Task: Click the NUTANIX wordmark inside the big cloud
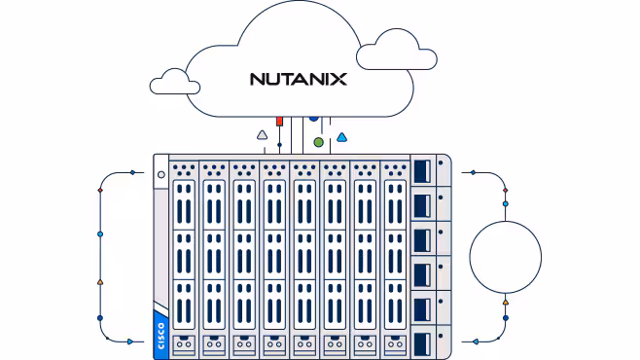point(299,79)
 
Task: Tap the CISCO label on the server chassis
point(160,336)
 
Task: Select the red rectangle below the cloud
point(279,122)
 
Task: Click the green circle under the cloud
point(319,142)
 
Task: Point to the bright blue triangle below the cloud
point(341,137)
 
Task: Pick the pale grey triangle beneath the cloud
point(262,135)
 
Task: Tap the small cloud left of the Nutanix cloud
point(175,82)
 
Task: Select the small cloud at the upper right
point(396,50)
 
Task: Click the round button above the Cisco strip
point(161,175)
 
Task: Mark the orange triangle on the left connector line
point(100,282)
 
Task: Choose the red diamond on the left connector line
point(100,190)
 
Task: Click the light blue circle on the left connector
point(100,234)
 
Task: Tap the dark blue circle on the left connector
point(100,318)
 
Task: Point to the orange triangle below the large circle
point(506,303)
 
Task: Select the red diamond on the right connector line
point(506,190)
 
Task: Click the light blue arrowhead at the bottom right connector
point(476,342)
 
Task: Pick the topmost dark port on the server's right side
point(422,171)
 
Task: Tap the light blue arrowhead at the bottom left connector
point(130,342)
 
